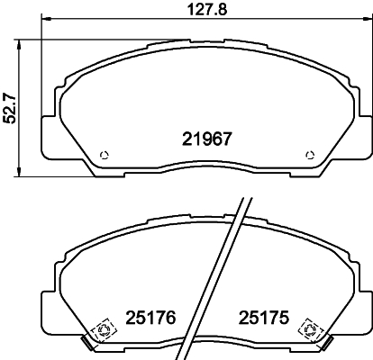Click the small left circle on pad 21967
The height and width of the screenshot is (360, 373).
(x=105, y=153)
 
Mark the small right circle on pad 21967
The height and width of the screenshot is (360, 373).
(x=312, y=153)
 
